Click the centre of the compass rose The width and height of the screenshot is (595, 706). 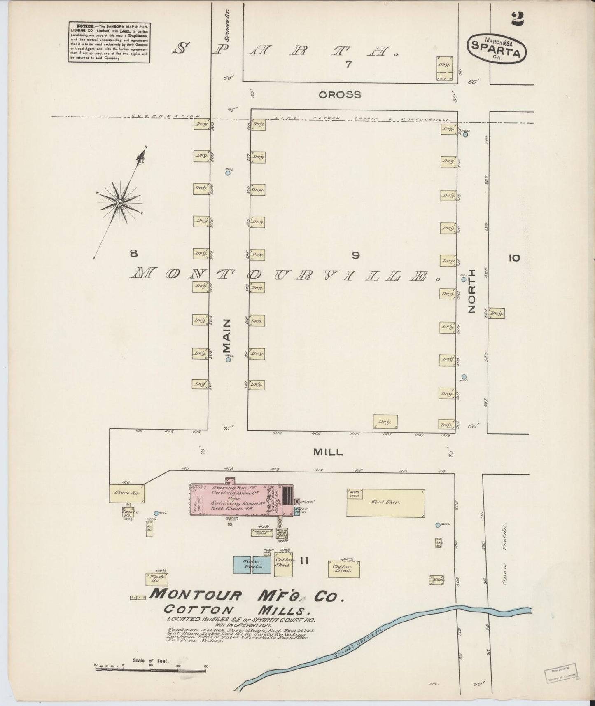tap(119, 203)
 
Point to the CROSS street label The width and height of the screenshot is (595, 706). tap(340, 95)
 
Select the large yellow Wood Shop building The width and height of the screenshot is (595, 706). tap(385, 503)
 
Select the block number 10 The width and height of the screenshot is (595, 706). tap(514, 258)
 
